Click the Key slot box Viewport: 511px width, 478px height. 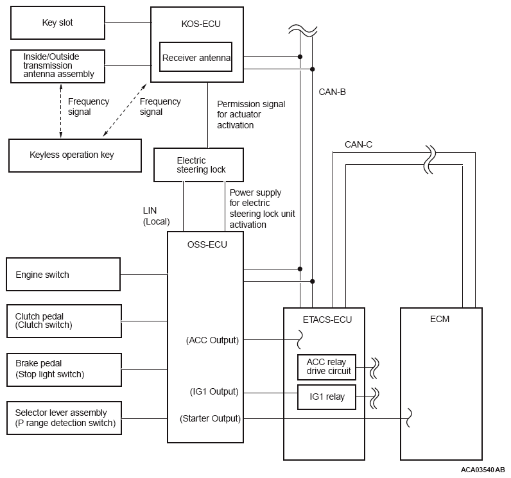click(x=56, y=23)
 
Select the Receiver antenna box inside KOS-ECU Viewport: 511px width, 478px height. click(x=195, y=58)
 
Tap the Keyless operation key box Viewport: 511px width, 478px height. click(x=74, y=155)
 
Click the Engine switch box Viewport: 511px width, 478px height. click(x=63, y=275)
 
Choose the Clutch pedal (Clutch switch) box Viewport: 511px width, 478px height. click(x=63, y=321)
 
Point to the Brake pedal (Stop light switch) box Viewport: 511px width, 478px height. click(x=63, y=370)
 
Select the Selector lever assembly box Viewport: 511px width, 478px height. click(x=63, y=418)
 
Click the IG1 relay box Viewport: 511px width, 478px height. click(x=326, y=397)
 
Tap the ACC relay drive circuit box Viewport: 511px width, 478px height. click(x=326, y=367)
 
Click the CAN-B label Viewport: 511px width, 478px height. click(x=332, y=92)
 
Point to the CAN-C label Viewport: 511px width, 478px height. click(x=358, y=144)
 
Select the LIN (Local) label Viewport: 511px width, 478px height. click(x=156, y=216)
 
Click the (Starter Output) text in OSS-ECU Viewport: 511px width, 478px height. click(x=210, y=419)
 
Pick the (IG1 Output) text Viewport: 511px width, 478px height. click(x=212, y=391)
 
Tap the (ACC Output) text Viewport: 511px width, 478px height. click(x=212, y=340)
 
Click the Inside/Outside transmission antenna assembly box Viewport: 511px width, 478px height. click(x=58, y=65)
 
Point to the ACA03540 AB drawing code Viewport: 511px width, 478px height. click(x=482, y=470)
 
